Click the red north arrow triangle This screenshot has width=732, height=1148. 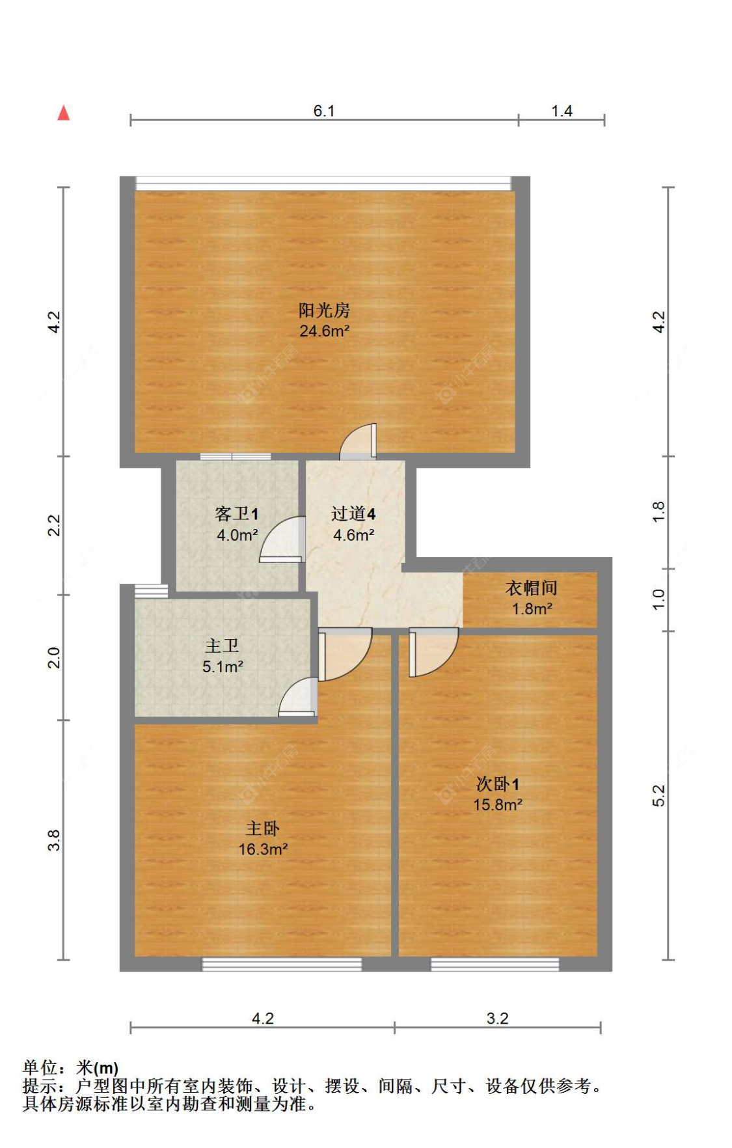click(63, 113)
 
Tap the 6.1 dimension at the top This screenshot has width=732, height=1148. click(324, 111)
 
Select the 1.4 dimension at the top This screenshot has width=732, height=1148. click(562, 111)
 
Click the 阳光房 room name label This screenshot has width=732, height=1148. click(324, 310)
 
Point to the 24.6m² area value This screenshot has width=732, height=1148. click(324, 331)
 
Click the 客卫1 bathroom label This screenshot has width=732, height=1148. click(237, 514)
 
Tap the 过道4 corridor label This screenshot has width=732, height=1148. click(353, 514)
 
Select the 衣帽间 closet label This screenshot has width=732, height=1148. click(532, 588)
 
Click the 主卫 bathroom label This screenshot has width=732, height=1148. click(222, 646)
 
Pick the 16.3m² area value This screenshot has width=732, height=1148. click(263, 850)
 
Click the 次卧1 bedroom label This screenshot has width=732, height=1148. click(498, 784)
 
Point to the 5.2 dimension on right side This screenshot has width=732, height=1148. click(658, 795)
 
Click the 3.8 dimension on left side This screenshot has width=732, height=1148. click(54, 840)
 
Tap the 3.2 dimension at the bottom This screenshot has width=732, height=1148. click(497, 1018)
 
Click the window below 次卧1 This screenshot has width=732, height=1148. click(495, 964)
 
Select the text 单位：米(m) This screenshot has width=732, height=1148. click(70, 1068)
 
